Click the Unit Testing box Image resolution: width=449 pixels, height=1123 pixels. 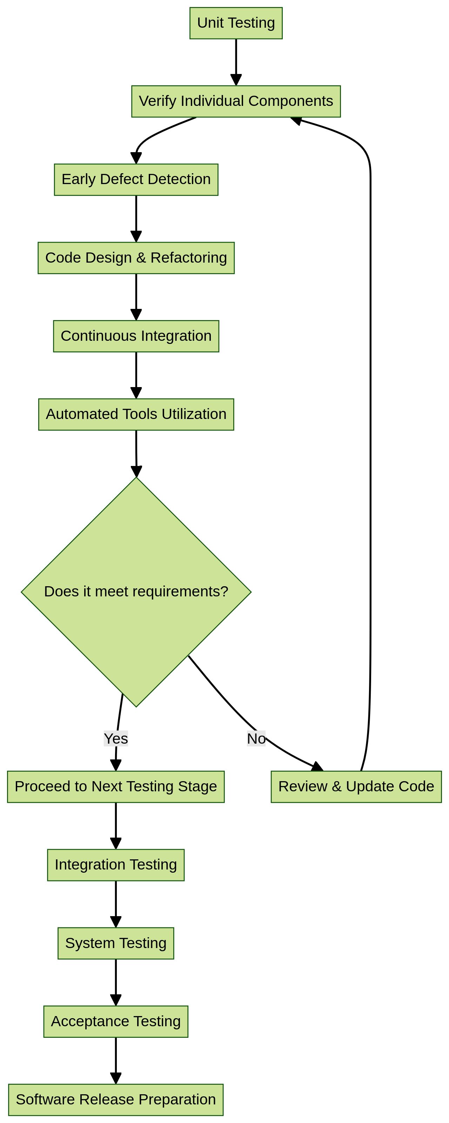pos(236,23)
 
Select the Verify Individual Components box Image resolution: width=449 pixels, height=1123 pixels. pos(236,101)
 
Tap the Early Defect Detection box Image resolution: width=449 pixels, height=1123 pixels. pos(136,180)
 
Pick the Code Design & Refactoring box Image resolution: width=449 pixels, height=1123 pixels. pos(136,258)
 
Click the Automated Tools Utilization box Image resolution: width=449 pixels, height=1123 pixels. pos(136,414)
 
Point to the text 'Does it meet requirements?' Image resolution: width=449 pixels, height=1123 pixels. pos(136,591)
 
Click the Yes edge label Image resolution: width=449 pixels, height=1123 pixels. pos(116,738)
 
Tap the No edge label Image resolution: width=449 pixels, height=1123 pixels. pos(256,738)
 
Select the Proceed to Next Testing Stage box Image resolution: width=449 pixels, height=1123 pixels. pos(116,786)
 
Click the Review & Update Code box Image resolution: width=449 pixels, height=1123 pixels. pos(356,786)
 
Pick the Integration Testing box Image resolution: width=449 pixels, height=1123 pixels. pos(116,865)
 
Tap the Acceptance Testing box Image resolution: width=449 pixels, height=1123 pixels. pos(116,1021)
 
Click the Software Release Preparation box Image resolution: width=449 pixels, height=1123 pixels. pos(116,1100)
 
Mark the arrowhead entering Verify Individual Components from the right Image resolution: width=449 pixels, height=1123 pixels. pos(296,120)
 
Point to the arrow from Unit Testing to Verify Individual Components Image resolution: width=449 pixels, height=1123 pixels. pos(236,61)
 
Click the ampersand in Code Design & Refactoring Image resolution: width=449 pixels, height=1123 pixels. pos(141,258)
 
